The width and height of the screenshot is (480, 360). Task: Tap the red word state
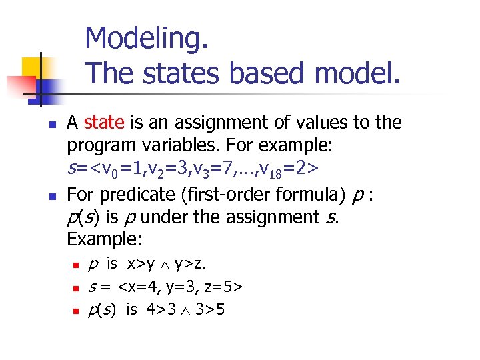point(104,123)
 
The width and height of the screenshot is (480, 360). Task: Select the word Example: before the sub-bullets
point(98,239)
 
